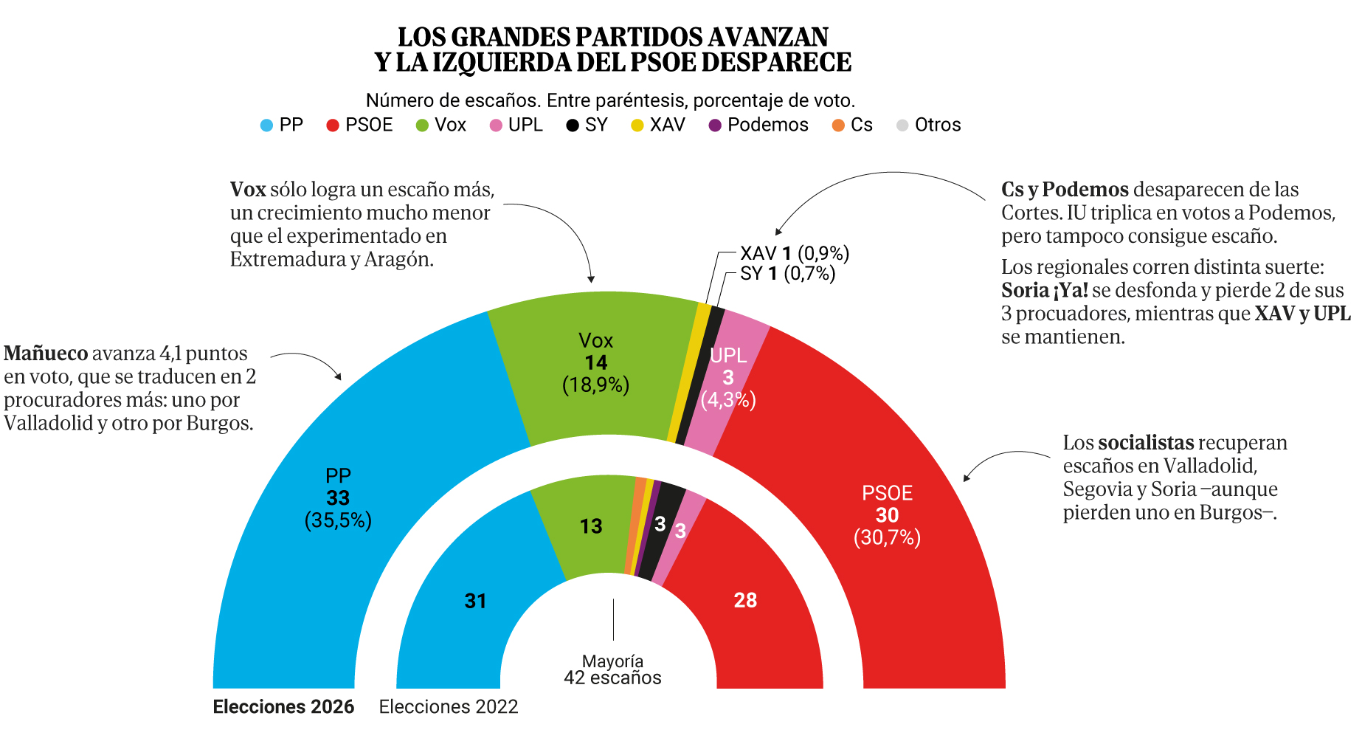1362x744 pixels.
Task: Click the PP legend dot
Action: click(266, 125)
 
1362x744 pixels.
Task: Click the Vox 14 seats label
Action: click(595, 363)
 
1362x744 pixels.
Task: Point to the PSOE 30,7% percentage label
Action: click(887, 538)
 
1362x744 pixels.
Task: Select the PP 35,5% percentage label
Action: click(338, 521)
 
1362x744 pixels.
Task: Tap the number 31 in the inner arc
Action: click(475, 602)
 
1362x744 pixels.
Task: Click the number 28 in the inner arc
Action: click(745, 601)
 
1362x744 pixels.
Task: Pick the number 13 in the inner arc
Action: click(591, 527)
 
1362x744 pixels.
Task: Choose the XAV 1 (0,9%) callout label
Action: click(795, 254)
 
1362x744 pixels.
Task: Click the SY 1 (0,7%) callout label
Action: click(787, 275)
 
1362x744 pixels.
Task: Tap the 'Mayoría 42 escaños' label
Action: click(612, 670)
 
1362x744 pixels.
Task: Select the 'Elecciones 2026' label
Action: click(283, 707)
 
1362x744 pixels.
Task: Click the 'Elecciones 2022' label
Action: click(449, 707)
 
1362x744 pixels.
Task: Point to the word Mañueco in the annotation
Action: click(46, 354)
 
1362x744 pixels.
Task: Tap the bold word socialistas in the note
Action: click(1145, 443)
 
